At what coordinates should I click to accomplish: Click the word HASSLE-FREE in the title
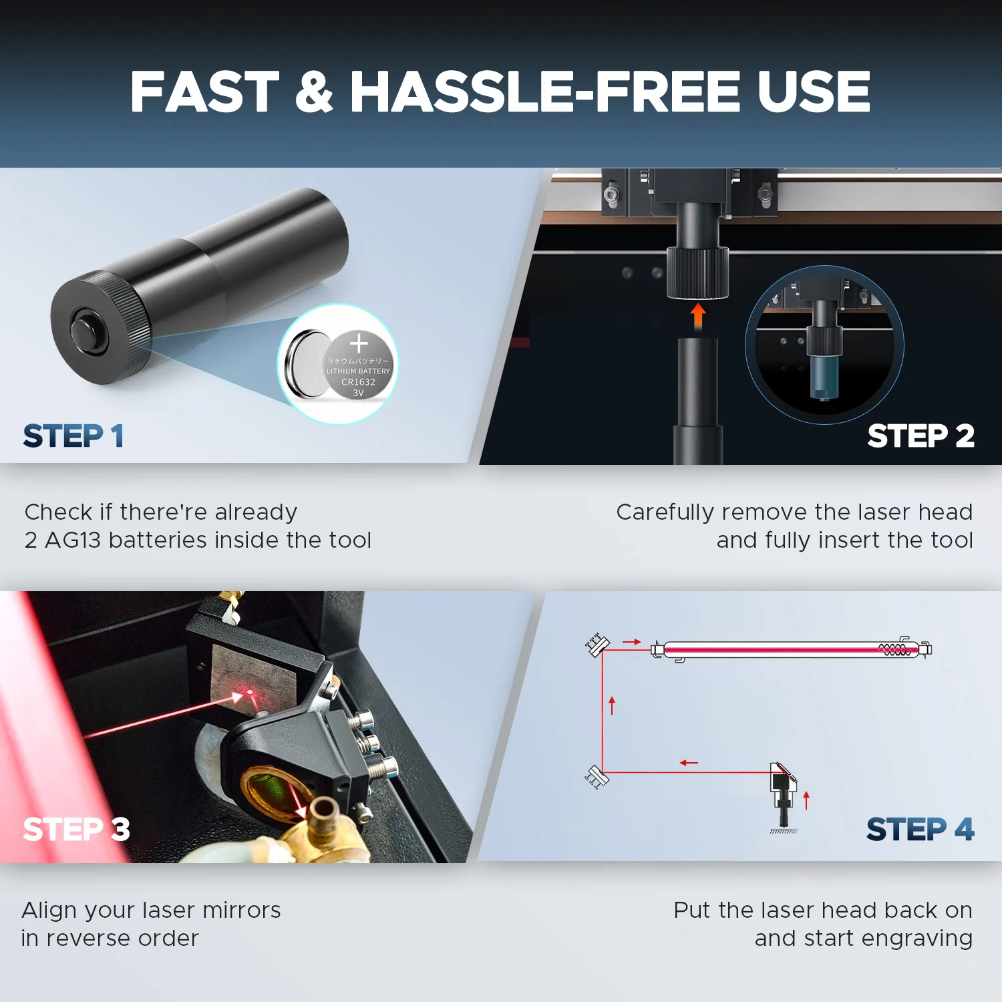(545, 92)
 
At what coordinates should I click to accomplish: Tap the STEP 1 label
(73, 436)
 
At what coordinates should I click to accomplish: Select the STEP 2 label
(921, 436)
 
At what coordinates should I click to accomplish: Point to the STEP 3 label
(76, 829)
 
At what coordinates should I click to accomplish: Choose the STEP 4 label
(921, 829)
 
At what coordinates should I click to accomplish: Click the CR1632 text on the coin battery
(358, 382)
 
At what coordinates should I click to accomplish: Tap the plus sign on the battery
(359, 343)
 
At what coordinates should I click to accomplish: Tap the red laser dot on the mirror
(251, 693)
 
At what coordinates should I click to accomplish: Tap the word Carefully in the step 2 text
(665, 512)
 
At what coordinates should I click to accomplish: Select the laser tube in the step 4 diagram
(792, 649)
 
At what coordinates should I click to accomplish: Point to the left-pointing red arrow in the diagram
(689, 763)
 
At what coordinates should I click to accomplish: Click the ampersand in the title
(314, 92)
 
